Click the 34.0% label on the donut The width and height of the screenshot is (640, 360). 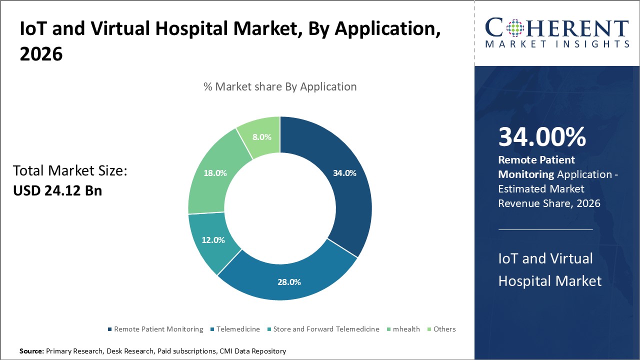coord(344,173)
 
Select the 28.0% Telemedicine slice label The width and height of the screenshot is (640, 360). coord(289,282)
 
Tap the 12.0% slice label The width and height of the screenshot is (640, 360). coord(213,240)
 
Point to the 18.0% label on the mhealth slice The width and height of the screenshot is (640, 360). coord(215,173)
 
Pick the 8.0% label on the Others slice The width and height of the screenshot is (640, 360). coord(261,137)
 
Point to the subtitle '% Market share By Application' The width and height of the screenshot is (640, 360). coord(280,86)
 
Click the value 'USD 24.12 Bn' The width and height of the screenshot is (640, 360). coord(57,190)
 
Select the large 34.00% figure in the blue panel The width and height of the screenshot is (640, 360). coord(542,137)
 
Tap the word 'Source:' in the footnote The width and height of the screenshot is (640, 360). coord(32,351)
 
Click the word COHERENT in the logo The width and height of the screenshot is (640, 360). coord(557,28)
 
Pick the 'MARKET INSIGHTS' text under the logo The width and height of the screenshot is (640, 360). coord(557,44)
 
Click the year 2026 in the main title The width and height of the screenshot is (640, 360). coord(41,54)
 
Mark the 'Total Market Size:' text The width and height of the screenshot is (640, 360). coord(70,171)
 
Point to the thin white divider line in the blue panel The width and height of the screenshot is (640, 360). coord(545,229)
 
